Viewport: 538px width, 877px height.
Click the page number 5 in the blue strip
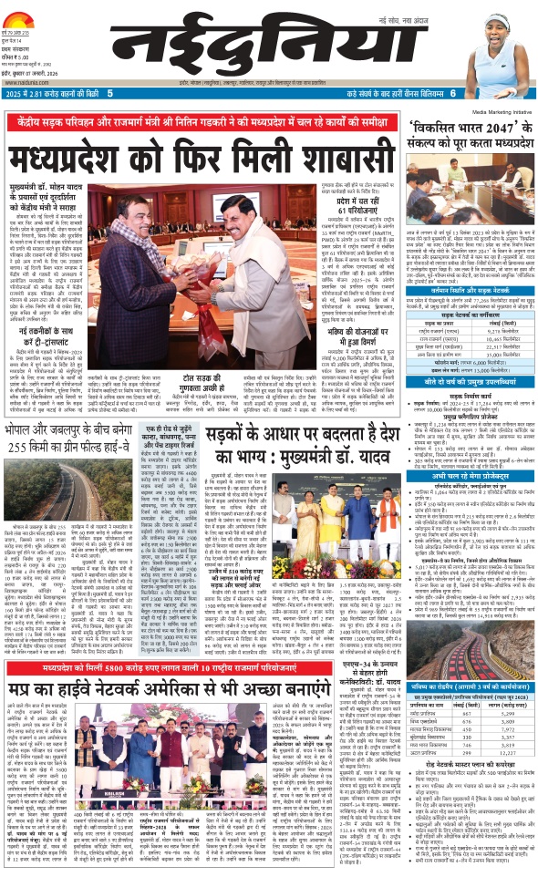pos(110,94)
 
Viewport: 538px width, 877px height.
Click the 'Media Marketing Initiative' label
pos(488,114)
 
